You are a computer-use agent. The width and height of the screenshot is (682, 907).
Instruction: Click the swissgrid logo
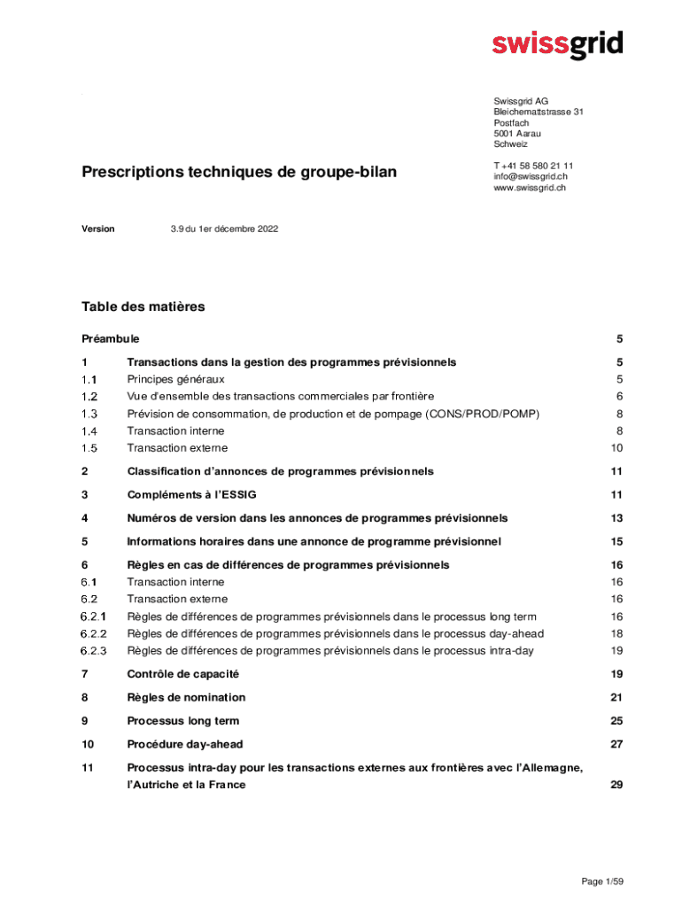pyautogui.click(x=557, y=44)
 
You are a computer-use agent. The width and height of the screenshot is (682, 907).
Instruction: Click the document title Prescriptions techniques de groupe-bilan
pyautogui.click(x=239, y=172)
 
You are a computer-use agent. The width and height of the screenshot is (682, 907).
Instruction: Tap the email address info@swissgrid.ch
pyautogui.click(x=531, y=176)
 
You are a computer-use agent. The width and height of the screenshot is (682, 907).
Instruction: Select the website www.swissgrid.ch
pyautogui.click(x=530, y=188)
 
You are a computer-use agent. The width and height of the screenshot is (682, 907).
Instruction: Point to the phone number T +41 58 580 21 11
pyautogui.click(x=533, y=166)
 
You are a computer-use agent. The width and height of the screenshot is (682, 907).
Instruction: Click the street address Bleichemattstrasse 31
pyautogui.click(x=539, y=112)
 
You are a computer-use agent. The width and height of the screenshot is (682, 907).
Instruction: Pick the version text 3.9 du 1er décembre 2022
pyautogui.click(x=224, y=229)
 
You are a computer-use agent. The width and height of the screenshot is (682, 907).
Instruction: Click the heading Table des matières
pyautogui.click(x=143, y=306)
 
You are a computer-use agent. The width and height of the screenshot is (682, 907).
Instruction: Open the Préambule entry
pyautogui.click(x=111, y=338)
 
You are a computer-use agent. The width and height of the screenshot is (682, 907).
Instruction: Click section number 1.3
pyautogui.click(x=89, y=414)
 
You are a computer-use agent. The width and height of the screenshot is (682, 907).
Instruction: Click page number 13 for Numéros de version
pyautogui.click(x=616, y=518)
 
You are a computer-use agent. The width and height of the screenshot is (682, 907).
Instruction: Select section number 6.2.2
pyautogui.click(x=93, y=633)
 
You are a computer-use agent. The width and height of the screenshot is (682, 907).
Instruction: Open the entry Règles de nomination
pyautogui.click(x=186, y=697)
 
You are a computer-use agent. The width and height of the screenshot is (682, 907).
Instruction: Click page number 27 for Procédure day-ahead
pyautogui.click(x=616, y=744)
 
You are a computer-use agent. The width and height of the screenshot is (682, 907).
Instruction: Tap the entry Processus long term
pyautogui.click(x=182, y=721)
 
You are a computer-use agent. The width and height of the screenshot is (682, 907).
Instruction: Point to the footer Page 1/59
pyautogui.click(x=603, y=881)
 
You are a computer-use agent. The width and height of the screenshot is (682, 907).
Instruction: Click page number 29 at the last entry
pyautogui.click(x=616, y=785)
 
